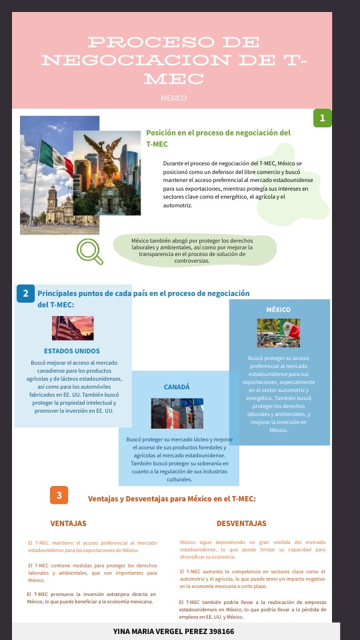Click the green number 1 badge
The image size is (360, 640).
point(323,118)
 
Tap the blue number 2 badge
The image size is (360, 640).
point(25,293)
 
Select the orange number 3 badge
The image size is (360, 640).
point(59,495)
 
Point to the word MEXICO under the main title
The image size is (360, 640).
point(173,98)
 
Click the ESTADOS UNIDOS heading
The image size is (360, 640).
point(72,351)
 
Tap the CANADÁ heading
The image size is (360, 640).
point(177,387)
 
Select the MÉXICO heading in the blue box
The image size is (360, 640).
point(278,310)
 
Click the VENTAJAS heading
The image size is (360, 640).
point(68,523)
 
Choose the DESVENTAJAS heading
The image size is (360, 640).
point(241,523)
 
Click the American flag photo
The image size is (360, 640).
point(73,328)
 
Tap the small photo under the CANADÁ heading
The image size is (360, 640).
point(177,413)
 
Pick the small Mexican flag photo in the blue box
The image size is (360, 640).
point(279,333)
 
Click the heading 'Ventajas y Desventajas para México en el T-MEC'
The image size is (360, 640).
point(172,499)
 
